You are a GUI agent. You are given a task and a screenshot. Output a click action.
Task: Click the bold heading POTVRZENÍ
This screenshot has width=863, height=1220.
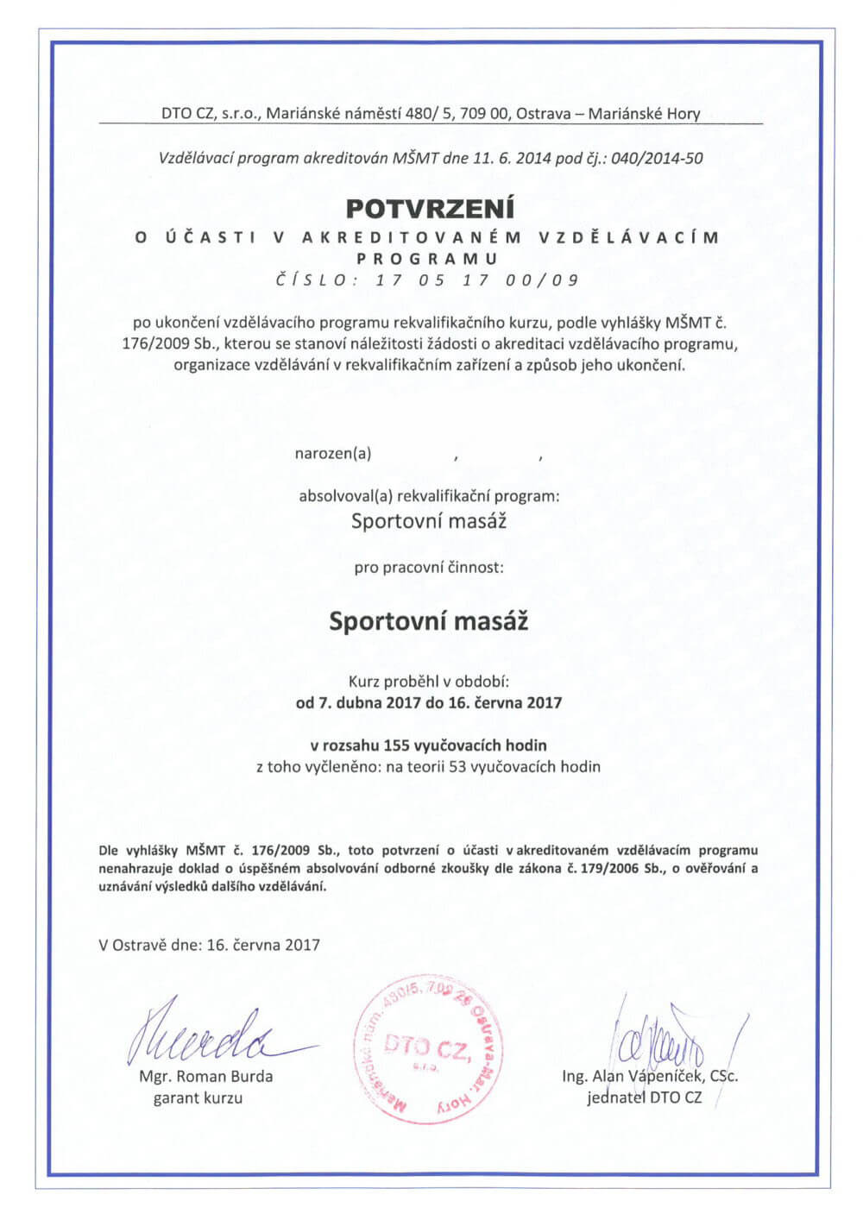[x=430, y=209]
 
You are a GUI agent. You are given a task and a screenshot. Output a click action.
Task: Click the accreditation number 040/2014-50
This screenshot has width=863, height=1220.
[x=659, y=158]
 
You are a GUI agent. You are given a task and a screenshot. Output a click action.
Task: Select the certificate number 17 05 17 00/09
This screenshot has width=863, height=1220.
[x=477, y=280]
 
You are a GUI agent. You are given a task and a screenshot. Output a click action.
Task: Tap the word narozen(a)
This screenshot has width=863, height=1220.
[x=333, y=452]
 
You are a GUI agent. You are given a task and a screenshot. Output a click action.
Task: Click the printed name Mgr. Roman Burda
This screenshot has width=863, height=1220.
[x=205, y=1076]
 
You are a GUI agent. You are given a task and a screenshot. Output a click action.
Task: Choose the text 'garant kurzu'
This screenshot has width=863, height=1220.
[x=198, y=1097]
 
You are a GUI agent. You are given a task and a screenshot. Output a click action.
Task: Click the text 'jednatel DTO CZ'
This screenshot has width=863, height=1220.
[x=644, y=1097]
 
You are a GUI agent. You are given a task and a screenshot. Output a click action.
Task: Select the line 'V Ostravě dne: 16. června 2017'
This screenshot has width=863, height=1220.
[x=210, y=944]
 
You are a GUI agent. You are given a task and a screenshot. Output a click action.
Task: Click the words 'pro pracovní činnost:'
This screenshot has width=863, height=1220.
[x=429, y=568]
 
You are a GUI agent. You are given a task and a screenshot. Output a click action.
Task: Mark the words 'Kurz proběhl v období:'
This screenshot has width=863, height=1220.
[x=429, y=681]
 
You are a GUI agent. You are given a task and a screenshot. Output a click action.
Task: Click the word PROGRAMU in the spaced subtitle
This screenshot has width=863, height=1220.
[x=429, y=258]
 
